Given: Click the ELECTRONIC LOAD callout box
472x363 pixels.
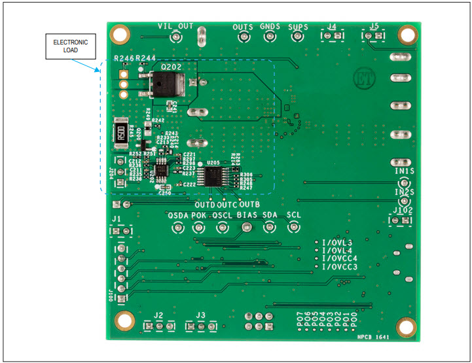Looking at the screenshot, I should [71, 45].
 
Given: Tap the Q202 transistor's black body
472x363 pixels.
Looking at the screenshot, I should [166, 86].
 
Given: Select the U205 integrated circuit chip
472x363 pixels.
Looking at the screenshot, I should [213, 176].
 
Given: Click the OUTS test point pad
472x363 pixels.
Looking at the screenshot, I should [243, 37].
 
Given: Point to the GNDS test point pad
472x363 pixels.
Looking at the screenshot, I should [270, 37].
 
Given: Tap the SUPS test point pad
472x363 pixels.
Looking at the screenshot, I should [299, 37].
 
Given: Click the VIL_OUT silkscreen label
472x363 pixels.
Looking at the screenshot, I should [176, 26].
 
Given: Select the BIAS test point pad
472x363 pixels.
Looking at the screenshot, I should [246, 227].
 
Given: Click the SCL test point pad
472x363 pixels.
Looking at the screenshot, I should [294, 227].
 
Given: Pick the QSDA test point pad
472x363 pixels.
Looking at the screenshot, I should [177, 227].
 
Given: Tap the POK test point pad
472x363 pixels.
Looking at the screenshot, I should [198, 227].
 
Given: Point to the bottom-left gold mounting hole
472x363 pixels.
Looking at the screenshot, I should [124, 320].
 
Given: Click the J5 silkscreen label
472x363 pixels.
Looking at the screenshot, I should [374, 27].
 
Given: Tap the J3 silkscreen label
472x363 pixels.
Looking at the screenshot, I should [200, 315].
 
